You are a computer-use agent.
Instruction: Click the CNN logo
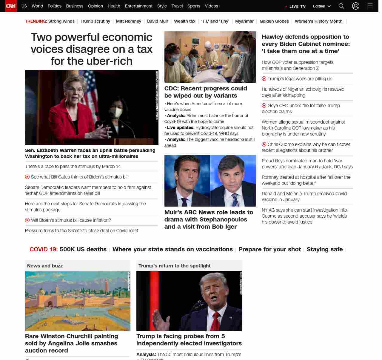(11, 6)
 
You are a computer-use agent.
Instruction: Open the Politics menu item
(54, 6)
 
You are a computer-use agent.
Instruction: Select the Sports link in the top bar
(194, 6)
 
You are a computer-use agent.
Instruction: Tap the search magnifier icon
(341, 6)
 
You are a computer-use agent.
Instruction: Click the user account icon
(356, 6)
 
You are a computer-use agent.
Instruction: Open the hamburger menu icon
(370, 6)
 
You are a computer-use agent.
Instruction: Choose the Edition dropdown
(322, 6)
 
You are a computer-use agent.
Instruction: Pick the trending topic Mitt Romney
(128, 21)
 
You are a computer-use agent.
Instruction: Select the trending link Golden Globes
(274, 21)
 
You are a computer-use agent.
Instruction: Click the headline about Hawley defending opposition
(306, 44)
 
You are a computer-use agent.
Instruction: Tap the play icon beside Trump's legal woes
(264, 79)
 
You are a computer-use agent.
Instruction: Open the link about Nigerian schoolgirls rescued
(303, 92)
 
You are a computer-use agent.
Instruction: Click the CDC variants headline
(206, 92)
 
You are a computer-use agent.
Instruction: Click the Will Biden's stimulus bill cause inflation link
(71, 220)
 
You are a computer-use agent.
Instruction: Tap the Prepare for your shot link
(269, 249)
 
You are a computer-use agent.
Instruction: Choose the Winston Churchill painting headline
(72, 343)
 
